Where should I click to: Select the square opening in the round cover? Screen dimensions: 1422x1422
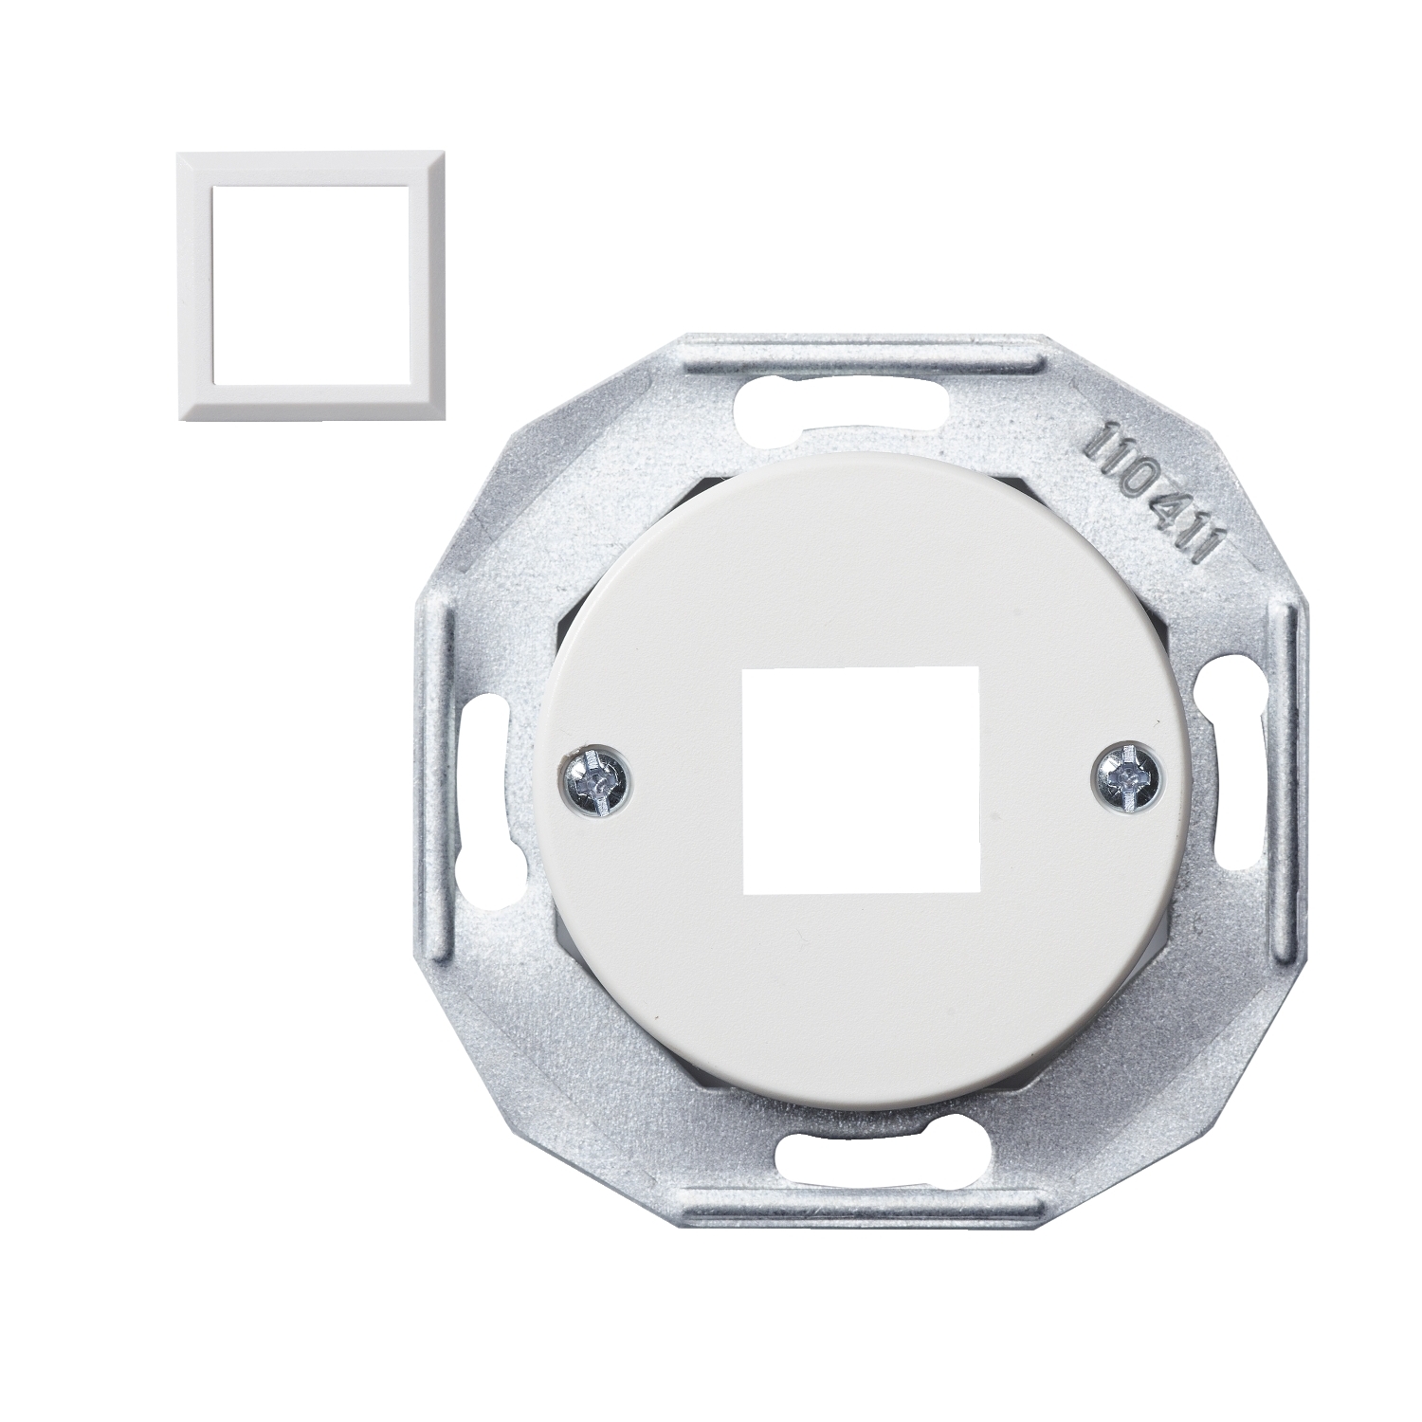(861, 779)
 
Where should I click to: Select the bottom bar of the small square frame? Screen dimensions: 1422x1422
(310, 402)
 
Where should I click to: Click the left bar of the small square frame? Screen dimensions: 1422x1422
(193, 284)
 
